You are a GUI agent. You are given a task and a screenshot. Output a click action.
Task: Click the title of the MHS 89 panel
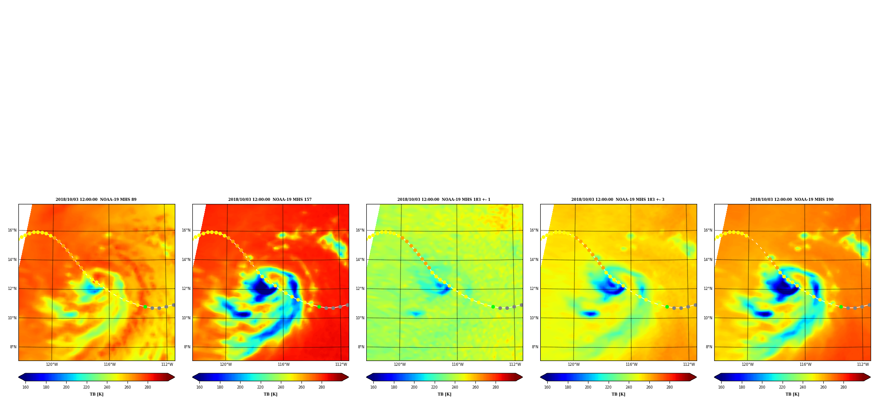pyautogui.click(x=96, y=200)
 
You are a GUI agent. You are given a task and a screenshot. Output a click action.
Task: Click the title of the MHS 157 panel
pyautogui.click(x=270, y=200)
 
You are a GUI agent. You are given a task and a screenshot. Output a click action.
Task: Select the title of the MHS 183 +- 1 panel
pyautogui.click(x=444, y=200)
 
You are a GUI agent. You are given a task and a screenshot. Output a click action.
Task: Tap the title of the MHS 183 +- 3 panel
pyautogui.click(x=618, y=200)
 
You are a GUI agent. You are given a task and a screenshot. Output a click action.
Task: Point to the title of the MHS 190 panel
pyautogui.click(x=792, y=200)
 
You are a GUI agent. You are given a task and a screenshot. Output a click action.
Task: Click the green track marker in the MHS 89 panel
pyautogui.click(x=145, y=307)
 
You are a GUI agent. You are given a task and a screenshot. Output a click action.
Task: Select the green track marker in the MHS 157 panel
pyautogui.click(x=319, y=307)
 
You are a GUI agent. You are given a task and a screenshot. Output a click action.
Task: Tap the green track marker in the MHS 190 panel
pyautogui.click(x=841, y=307)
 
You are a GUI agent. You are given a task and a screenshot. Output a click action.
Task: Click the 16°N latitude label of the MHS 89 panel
pyautogui.click(x=12, y=230)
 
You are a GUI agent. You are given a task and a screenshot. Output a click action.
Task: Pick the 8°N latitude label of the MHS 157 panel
pyautogui.click(x=187, y=347)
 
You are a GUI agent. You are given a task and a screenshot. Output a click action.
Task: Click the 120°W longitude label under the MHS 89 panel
pyautogui.click(x=52, y=364)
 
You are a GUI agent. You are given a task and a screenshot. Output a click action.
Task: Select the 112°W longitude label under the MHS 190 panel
pyautogui.click(x=863, y=364)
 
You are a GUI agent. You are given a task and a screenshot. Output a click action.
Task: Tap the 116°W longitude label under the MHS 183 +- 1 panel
pyautogui.click(x=457, y=364)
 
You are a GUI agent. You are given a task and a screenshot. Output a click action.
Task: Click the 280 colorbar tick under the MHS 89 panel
pyautogui.click(x=148, y=387)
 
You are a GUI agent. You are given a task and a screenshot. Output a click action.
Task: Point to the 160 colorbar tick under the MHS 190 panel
pyautogui.click(x=721, y=387)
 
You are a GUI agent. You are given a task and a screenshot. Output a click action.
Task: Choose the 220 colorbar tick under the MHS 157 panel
pyautogui.click(x=260, y=387)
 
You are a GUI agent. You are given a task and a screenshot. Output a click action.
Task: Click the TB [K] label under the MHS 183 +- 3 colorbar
pyautogui.click(x=618, y=394)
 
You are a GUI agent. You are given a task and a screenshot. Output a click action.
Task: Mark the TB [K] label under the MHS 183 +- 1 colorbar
pyautogui.click(x=444, y=394)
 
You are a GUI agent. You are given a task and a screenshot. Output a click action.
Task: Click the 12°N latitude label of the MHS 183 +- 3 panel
pyautogui.click(x=534, y=289)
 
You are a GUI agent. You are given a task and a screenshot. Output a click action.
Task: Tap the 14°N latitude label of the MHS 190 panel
pyautogui.click(x=708, y=260)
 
